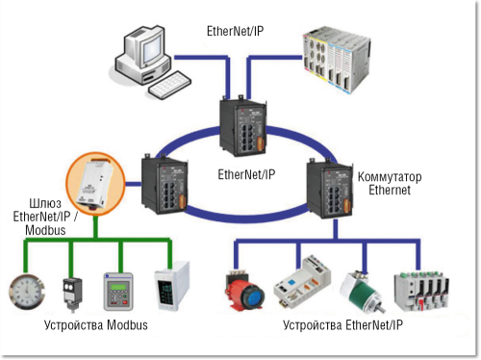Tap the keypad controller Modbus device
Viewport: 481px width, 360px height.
pyautogui.click(x=119, y=291)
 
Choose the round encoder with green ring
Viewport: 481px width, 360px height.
pyautogui.click(x=358, y=290)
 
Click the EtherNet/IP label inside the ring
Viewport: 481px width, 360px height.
pyautogui.click(x=245, y=175)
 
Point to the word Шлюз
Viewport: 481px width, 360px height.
pyautogui.click(x=23, y=204)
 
